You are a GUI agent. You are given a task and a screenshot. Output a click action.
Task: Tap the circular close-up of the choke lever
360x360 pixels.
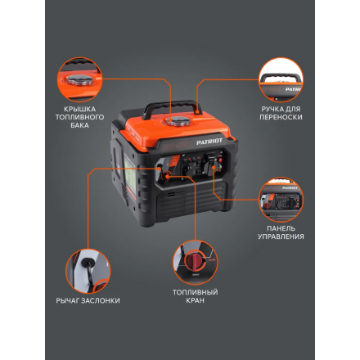(x=83, y=269)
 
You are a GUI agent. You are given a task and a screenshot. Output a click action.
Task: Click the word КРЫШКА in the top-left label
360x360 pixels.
(x=81, y=110)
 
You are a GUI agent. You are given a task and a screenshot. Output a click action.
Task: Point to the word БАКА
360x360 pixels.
(x=81, y=128)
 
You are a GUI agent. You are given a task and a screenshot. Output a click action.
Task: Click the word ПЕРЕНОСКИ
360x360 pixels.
(x=281, y=119)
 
